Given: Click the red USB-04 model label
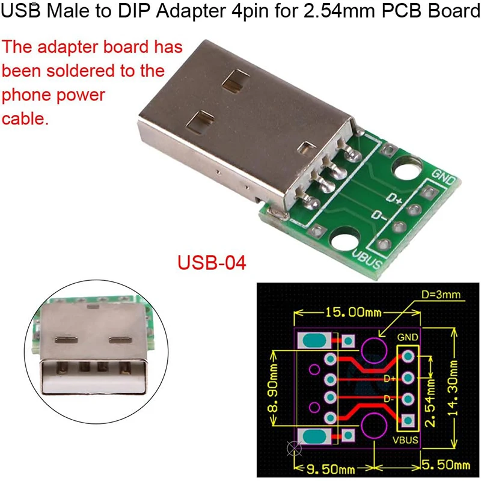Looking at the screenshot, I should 211,263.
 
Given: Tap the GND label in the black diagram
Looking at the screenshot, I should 408,338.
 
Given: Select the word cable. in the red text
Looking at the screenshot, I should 25,118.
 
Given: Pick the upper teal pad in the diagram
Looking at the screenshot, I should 314,341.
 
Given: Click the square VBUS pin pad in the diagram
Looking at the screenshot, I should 408,420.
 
